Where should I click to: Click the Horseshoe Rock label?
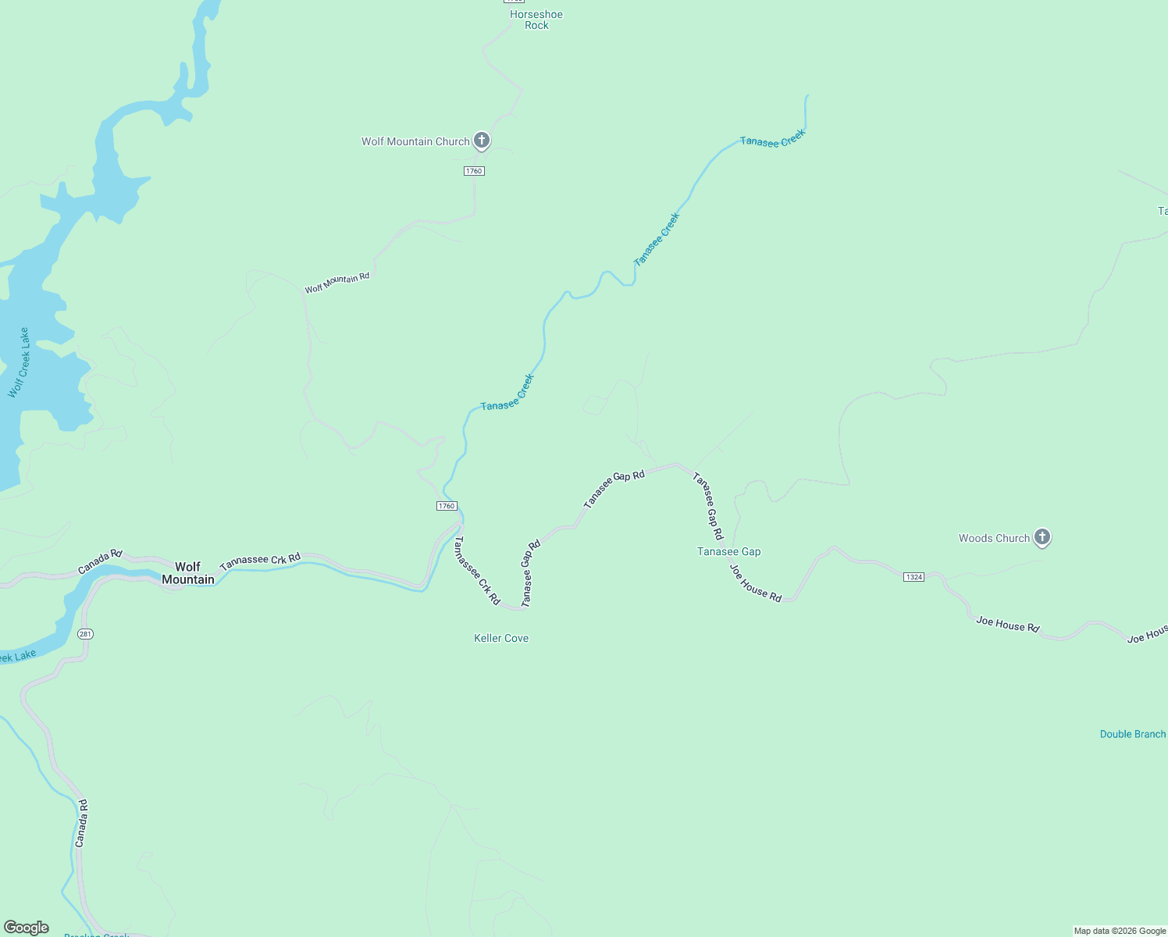[536, 20]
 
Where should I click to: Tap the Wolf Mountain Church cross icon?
[482, 141]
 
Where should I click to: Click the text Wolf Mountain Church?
[415, 141]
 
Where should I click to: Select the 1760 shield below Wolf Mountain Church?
[474, 171]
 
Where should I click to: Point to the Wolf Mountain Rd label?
[337, 283]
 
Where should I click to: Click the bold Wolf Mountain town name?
[187, 573]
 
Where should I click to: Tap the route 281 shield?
[86, 634]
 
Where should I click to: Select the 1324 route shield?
[913, 577]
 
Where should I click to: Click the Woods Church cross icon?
[1042, 537]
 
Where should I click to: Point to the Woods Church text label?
[994, 538]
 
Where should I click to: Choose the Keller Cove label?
[501, 638]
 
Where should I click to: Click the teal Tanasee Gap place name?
[728, 551]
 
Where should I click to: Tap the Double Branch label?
[1132, 734]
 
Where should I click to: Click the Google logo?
[27, 928]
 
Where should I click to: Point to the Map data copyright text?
[1120, 931]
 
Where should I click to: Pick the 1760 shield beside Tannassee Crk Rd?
[447, 506]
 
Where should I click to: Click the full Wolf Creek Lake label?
[19, 363]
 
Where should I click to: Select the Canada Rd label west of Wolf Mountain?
[100, 561]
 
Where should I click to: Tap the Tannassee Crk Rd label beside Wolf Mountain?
[260, 561]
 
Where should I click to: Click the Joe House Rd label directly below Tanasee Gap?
[756, 583]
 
